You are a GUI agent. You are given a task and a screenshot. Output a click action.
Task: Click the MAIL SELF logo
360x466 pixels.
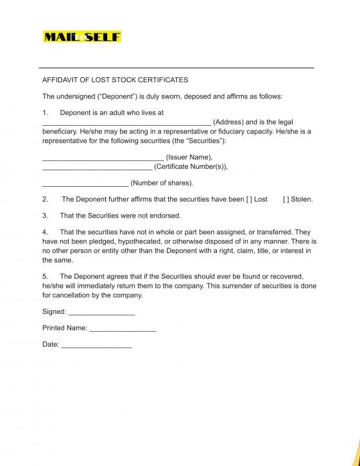(x=81, y=37)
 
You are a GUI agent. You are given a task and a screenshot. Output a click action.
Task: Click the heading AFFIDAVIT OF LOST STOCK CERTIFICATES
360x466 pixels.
(x=116, y=80)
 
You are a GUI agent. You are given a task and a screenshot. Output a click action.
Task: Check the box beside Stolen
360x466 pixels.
(x=286, y=199)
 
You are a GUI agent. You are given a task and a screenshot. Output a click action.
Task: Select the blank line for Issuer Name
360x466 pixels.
(x=103, y=159)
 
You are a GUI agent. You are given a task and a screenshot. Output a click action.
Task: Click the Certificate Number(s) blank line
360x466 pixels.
(x=97, y=168)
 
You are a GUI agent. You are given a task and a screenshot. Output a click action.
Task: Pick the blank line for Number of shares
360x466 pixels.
(x=85, y=184)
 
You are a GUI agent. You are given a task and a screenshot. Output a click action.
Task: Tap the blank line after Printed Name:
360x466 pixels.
(x=123, y=329)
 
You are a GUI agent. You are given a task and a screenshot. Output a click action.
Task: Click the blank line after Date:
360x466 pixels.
(x=96, y=346)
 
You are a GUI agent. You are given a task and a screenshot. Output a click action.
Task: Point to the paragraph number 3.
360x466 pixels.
(x=45, y=216)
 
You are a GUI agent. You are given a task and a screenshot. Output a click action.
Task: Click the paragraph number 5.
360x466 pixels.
(x=45, y=277)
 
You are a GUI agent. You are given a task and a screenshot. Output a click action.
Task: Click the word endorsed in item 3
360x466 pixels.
(x=166, y=216)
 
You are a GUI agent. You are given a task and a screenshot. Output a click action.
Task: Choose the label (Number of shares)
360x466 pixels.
(x=162, y=183)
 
